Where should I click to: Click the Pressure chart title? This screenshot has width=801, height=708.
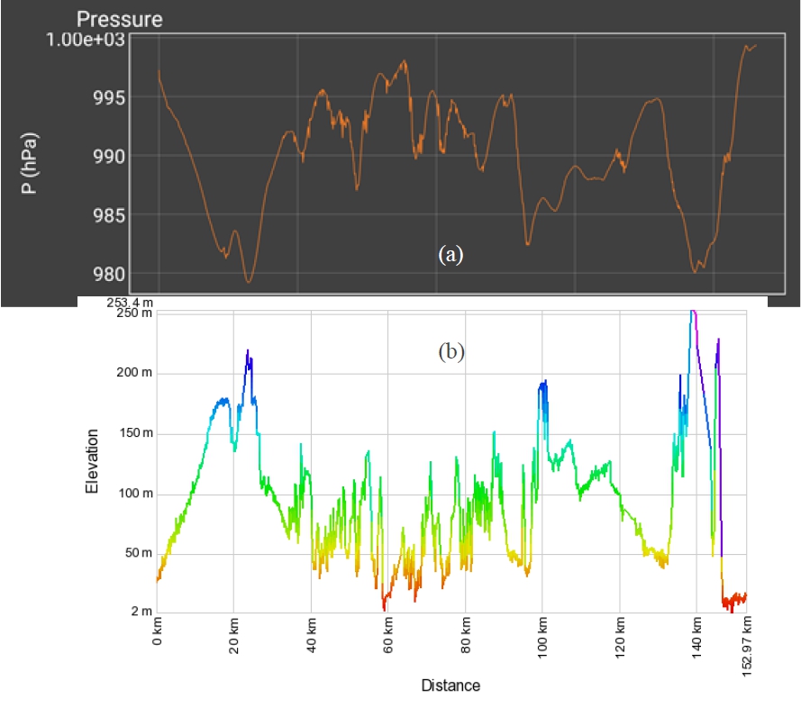pos(120,19)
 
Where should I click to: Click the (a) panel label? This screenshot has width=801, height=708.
pos(451,255)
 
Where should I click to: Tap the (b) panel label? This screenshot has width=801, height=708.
pos(451,352)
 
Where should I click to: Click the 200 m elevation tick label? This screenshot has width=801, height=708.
pos(131,373)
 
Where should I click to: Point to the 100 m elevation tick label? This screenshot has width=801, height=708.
pos(131,494)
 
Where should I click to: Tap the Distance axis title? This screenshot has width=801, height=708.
pos(451,685)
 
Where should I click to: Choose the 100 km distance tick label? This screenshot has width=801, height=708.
pos(542,644)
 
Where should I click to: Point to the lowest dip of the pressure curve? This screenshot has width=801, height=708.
pos(249,282)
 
